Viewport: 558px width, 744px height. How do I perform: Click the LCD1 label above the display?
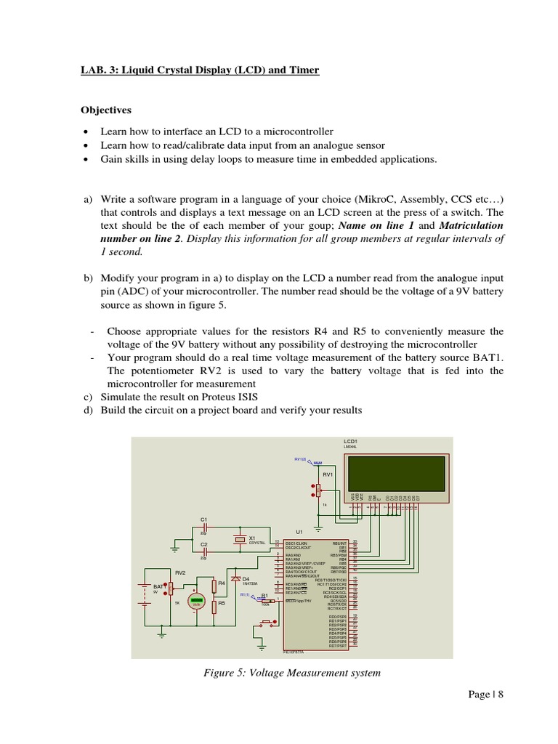coord(350,441)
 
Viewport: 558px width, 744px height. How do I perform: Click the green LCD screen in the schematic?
coord(397,472)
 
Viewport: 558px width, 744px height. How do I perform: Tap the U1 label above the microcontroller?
coord(299,532)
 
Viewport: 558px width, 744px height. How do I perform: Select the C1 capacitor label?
coord(204,519)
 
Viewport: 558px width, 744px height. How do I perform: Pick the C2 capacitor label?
coord(204,544)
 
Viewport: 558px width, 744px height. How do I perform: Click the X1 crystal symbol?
coord(240,539)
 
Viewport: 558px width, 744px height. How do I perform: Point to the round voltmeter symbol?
coord(195,602)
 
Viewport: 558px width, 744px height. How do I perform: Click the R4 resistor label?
coord(222,583)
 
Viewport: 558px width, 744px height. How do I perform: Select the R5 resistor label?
coord(222,603)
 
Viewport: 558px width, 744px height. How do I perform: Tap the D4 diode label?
coord(246,579)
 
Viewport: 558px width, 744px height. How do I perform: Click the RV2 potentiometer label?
coord(181,573)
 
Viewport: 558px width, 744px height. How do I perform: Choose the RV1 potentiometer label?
coord(328,474)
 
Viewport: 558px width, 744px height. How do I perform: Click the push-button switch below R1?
coord(267,621)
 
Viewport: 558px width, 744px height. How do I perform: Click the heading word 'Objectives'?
coord(105,110)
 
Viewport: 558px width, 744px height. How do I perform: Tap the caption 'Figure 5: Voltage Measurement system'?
coord(292,673)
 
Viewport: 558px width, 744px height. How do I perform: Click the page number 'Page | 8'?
coord(486,695)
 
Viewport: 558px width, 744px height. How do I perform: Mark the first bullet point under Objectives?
coord(86,132)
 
